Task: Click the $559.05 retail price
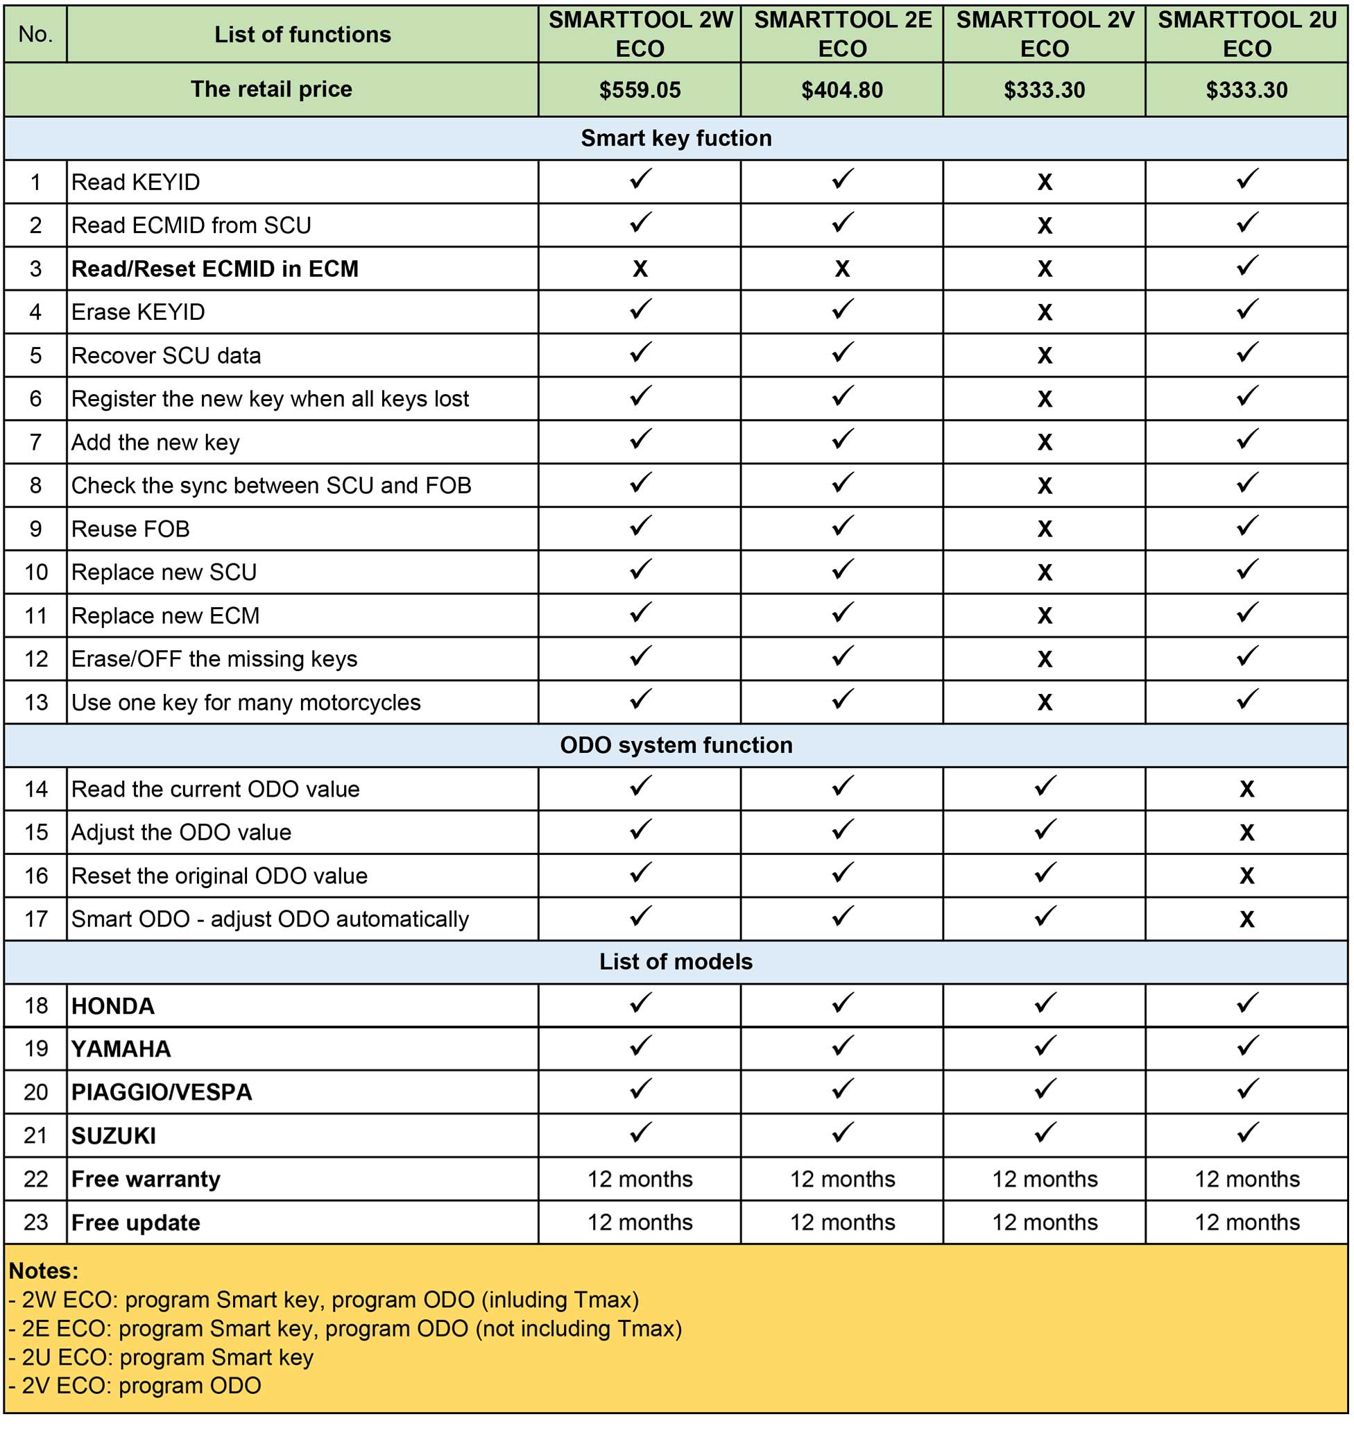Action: point(640,90)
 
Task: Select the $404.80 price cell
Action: point(841,90)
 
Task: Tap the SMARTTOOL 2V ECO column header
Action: point(1045,34)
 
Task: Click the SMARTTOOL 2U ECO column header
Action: point(1246,34)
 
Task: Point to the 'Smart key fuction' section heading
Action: point(676,138)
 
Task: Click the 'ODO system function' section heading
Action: point(676,745)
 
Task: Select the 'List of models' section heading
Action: point(676,962)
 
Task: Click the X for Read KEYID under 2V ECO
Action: point(1045,182)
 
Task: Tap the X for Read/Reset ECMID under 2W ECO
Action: point(640,269)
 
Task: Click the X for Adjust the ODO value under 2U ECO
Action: point(1246,832)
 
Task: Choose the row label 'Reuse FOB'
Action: point(130,528)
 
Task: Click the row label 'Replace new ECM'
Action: point(165,615)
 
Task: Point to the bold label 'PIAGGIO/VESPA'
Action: point(162,1092)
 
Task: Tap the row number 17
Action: point(36,919)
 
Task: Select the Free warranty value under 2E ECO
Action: point(841,1179)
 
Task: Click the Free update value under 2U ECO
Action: point(1246,1222)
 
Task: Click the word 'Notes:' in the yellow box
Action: point(43,1271)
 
